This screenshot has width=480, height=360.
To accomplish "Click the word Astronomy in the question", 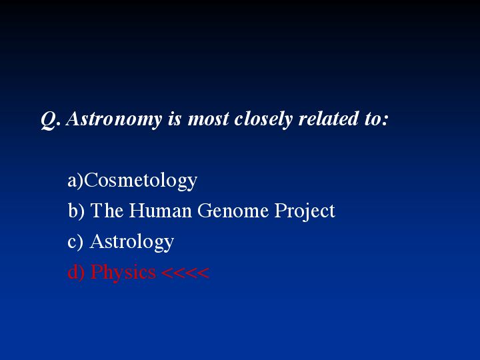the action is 114,119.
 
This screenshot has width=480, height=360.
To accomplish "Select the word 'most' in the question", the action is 208,119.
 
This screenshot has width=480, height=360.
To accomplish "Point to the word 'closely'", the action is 263,119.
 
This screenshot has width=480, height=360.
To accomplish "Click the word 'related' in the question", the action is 328,118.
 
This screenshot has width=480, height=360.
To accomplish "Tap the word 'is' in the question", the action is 175,119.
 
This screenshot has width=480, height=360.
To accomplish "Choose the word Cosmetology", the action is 141,181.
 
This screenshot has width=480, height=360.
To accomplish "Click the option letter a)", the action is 75,181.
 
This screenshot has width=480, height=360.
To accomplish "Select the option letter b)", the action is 76,211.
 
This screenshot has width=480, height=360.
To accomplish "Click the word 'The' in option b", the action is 107,210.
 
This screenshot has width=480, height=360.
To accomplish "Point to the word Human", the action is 161,210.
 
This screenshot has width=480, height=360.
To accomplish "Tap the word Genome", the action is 233,211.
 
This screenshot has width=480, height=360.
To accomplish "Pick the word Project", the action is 305,211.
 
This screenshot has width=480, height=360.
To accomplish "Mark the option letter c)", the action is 75,241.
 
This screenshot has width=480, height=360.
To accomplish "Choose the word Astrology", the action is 132,242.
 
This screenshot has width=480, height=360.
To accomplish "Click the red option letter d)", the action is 76,271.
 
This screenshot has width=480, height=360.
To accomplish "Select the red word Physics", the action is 123,272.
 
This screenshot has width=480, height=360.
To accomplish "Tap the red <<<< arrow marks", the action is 185,272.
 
